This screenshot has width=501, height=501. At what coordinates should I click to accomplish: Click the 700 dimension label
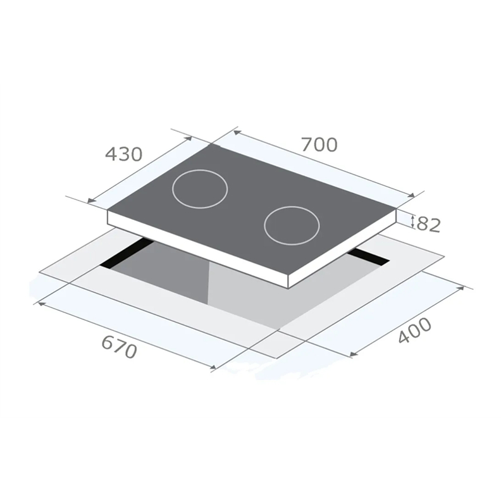pyautogui.click(x=319, y=144)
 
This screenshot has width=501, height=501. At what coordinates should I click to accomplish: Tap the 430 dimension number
pyautogui.click(x=123, y=154)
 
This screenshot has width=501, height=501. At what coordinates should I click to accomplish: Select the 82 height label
pyautogui.click(x=429, y=225)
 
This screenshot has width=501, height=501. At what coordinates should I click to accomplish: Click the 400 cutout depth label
pyautogui.click(x=415, y=331)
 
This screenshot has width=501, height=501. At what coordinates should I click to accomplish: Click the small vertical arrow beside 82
pyautogui.click(x=412, y=222)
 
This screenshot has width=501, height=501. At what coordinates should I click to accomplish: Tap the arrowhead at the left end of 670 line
pyautogui.click(x=41, y=304)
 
